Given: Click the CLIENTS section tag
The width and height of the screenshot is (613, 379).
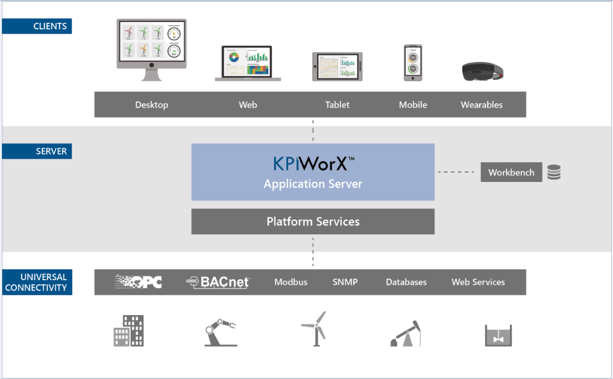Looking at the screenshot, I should click(37, 26).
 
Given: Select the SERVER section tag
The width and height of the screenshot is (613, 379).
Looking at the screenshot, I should click(37, 151).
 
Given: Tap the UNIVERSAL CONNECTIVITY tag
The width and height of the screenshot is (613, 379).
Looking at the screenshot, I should click(37, 282).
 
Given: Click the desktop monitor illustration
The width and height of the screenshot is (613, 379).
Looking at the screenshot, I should click(151, 49).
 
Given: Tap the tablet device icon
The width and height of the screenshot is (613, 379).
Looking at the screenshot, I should click(337, 66).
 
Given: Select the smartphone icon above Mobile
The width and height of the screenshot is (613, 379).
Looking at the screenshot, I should click(413, 63).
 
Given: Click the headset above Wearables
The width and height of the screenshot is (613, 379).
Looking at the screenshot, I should click(482, 71).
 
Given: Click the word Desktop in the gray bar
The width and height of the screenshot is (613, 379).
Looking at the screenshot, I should click(151, 105).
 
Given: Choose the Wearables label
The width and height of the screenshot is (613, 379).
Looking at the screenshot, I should click(481, 105).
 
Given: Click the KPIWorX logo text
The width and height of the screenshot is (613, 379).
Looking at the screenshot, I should click(313, 164).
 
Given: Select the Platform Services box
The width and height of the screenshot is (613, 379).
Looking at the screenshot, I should click(313, 221).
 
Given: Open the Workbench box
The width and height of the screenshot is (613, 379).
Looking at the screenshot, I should click(511, 172).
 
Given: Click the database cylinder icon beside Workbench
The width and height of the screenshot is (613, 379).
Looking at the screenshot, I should click(554, 172).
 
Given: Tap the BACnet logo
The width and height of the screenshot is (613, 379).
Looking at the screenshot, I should click(218, 282).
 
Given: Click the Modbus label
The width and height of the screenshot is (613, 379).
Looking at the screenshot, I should click(290, 282).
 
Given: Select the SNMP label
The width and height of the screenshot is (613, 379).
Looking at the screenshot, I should click(345, 282).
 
